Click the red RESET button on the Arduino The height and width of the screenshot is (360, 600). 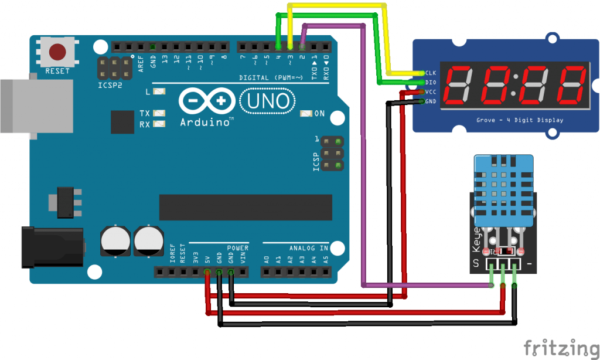(57, 52)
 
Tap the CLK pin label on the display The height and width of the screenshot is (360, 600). (431, 73)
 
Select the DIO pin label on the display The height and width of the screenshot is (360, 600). (431, 83)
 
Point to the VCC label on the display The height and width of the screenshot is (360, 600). (431, 92)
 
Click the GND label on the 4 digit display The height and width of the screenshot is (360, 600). (431, 101)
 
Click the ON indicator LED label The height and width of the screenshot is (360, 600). (319, 113)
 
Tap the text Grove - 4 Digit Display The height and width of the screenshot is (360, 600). (520, 120)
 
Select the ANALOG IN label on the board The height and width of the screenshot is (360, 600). (308, 248)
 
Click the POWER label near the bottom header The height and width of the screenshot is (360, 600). (238, 248)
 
